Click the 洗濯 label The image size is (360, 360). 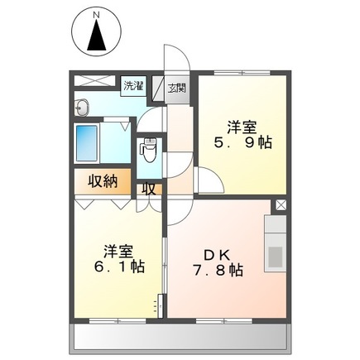coord(132,85)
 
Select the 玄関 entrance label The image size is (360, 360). coord(176,87)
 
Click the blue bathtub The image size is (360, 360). coord(87,146)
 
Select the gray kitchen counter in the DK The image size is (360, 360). coord(275,243)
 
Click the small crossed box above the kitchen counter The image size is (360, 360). coord(281,204)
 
